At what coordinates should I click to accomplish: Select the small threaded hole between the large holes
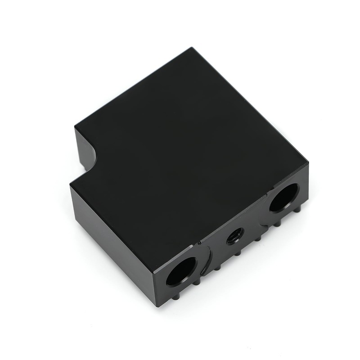tap(234, 235)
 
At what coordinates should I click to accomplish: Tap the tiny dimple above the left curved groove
tap(198, 243)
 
